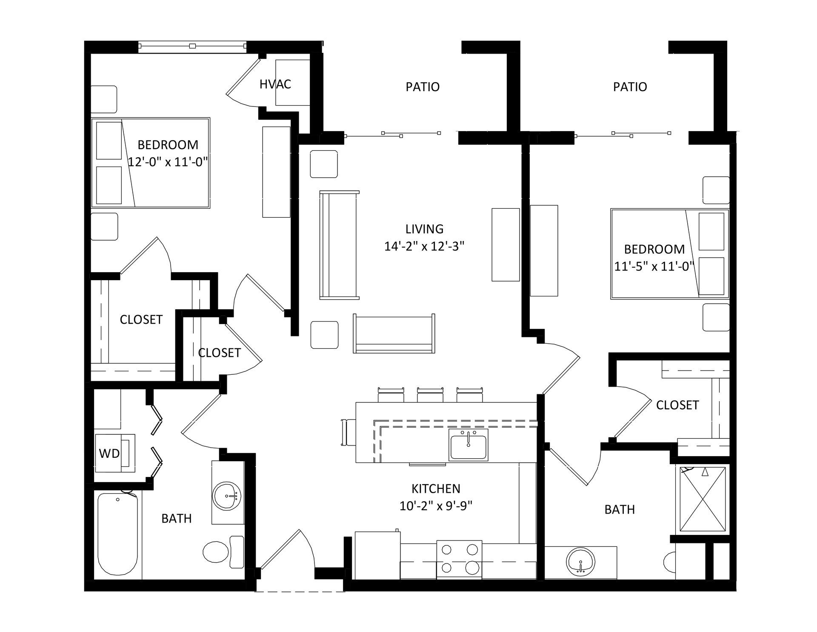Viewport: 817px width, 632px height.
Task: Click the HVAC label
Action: coord(275,84)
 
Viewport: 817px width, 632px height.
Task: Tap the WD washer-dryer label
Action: coord(109,454)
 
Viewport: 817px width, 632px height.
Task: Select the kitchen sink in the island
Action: coord(468,445)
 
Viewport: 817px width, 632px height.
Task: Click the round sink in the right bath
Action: coord(581,562)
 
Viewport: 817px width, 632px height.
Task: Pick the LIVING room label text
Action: coord(424,229)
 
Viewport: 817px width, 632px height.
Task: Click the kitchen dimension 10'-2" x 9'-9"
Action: coord(436,506)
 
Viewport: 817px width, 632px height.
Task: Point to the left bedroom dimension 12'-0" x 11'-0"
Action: coord(168,162)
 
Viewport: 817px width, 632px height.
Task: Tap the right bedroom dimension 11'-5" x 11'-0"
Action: coord(654,266)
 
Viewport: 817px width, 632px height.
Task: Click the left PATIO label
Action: coord(423,87)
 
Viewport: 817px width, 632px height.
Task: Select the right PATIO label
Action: coord(630,87)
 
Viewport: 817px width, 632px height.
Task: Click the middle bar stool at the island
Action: coord(430,394)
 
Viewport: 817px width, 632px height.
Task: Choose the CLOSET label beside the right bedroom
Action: coord(677,405)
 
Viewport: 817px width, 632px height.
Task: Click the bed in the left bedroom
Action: coord(151,163)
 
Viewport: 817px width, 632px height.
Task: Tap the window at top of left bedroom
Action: coord(192,46)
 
